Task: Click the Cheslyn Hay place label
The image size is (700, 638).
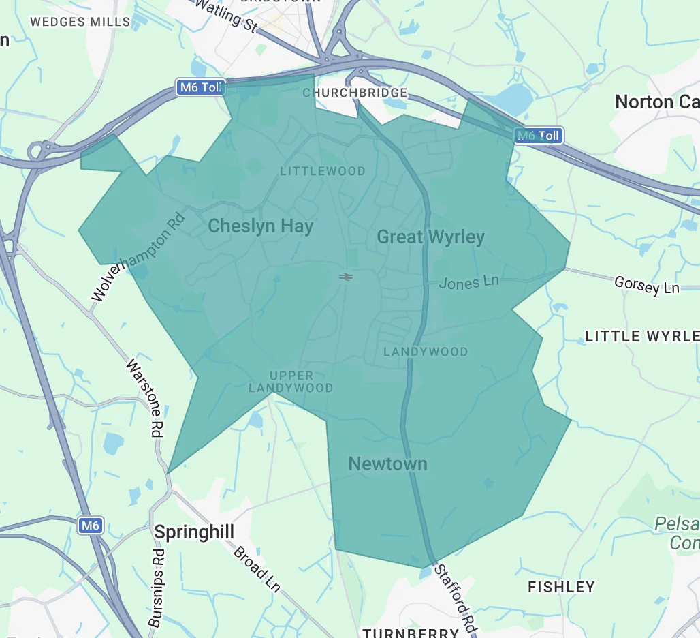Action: coord(260,226)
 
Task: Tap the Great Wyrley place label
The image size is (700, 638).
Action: coord(430,237)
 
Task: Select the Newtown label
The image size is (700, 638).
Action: coord(387,464)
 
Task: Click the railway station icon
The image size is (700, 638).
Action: coord(346,276)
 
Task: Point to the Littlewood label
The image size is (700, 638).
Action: coord(323,171)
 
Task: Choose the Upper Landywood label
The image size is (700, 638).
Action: coord(291,382)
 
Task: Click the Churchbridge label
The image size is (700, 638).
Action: coord(355,93)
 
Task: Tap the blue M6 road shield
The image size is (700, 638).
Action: coord(90,525)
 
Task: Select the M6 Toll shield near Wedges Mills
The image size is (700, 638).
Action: coord(200,87)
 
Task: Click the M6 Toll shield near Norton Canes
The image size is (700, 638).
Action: coord(539,136)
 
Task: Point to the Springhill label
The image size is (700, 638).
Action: coord(194,532)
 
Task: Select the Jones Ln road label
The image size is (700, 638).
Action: coord(468,282)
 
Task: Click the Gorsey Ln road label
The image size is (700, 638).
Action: coord(646,285)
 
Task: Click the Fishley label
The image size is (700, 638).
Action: coord(561,587)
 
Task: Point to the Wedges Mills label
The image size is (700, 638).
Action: coord(80,22)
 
